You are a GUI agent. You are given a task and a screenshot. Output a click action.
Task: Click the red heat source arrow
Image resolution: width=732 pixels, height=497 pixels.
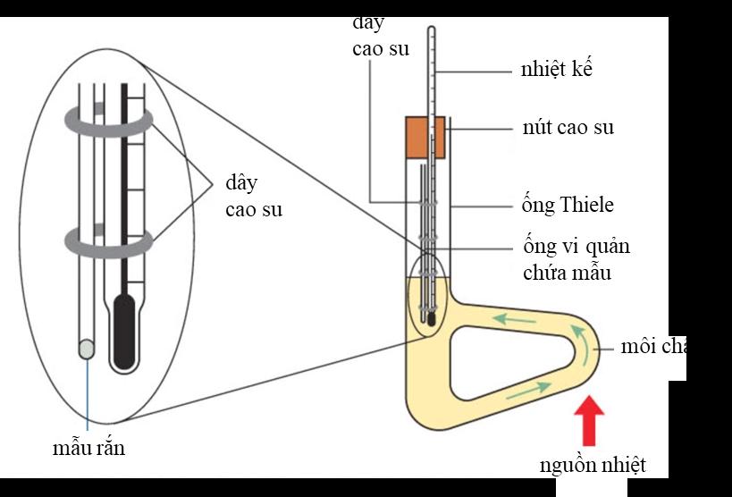591,422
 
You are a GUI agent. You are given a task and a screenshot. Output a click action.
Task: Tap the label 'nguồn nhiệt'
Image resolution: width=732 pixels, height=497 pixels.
592,465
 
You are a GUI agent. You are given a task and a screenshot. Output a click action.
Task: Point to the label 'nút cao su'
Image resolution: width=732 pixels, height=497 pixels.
568,128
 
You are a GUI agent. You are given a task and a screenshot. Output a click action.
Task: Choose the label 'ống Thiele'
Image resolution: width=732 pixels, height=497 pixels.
568,206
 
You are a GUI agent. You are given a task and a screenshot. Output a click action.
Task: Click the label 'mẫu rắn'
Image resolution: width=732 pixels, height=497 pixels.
88,448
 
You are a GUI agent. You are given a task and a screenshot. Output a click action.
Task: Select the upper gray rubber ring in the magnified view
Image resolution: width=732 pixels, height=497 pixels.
107,120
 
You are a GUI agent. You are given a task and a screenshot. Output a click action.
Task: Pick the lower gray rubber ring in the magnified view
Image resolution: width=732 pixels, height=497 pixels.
107,242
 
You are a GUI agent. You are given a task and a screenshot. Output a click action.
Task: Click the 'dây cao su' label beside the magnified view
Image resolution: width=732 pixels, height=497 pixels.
251,197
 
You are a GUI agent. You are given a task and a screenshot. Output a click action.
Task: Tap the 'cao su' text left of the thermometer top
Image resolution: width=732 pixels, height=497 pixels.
381,48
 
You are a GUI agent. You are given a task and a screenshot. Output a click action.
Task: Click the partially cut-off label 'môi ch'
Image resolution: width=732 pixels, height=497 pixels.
652,347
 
